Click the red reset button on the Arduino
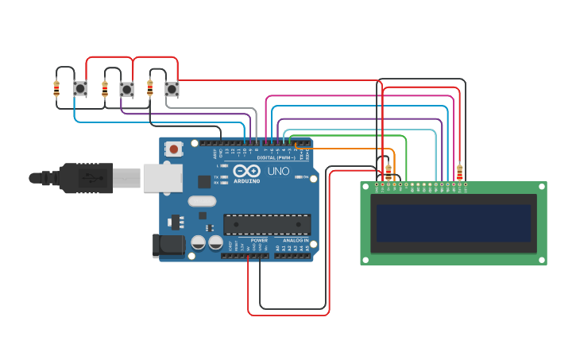(173, 148)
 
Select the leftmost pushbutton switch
(80, 88)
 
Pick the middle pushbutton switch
(126, 89)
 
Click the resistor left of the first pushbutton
(56, 88)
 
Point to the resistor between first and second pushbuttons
(104, 88)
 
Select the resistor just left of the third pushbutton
(150, 88)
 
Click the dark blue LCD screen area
(453, 223)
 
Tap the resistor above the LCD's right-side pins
(459, 172)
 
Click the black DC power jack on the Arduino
(168, 246)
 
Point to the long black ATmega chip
(267, 224)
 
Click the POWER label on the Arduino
(259, 240)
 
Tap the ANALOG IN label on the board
(295, 240)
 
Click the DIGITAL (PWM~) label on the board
(273, 158)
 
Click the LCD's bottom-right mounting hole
(542, 259)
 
